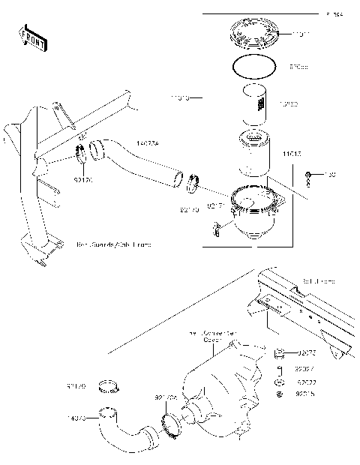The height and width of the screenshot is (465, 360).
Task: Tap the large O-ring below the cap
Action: click(x=259, y=67)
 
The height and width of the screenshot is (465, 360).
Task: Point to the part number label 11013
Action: click(x=292, y=154)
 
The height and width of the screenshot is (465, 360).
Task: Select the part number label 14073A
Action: click(x=147, y=140)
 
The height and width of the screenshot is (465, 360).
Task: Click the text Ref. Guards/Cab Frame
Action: click(x=113, y=244)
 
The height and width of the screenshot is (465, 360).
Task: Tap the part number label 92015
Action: click(x=304, y=393)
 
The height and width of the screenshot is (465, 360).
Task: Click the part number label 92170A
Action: click(x=166, y=397)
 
